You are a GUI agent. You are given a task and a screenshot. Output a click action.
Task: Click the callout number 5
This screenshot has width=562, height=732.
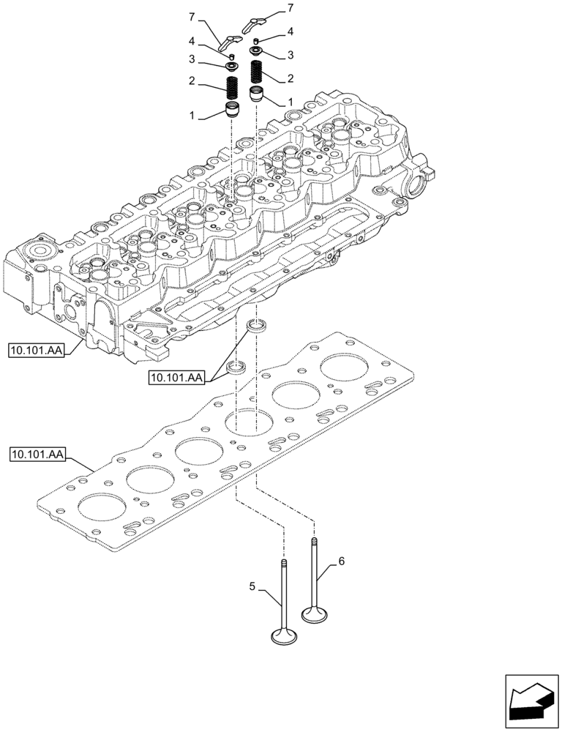253,586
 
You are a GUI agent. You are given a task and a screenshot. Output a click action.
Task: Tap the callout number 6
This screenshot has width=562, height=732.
341,561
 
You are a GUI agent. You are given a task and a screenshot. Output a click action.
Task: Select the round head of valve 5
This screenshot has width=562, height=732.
283,638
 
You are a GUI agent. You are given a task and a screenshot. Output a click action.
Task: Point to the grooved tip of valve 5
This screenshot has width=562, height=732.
283,562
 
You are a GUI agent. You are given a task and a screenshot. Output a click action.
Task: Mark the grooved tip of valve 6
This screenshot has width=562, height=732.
314,542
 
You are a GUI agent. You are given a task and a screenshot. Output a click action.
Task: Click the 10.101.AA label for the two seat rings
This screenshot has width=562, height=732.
176,377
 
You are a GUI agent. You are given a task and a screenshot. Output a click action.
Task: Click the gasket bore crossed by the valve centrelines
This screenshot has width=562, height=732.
248,422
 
